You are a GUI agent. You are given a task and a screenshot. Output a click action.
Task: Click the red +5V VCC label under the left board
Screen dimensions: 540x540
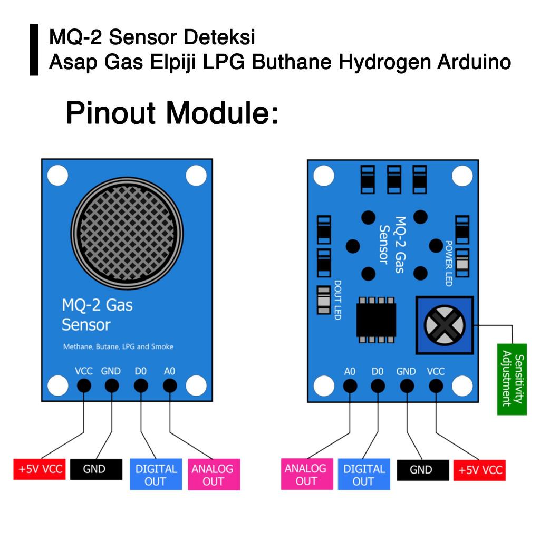click(x=40, y=469)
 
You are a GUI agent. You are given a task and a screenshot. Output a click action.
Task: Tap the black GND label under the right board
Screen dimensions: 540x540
click(x=421, y=469)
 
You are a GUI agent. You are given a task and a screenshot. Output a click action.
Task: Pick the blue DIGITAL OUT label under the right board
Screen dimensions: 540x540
click(x=363, y=475)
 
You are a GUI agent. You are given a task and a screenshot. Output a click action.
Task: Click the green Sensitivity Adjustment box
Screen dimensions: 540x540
click(x=512, y=379)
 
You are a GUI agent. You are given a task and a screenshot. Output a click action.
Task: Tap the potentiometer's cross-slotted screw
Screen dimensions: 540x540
click(x=445, y=325)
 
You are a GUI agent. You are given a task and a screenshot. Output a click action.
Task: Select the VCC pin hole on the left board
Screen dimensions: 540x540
click(x=83, y=386)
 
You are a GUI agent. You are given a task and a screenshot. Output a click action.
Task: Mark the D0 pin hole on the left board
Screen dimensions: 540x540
click(x=141, y=386)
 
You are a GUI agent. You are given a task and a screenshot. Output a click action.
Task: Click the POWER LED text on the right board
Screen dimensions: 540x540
click(x=449, y=264)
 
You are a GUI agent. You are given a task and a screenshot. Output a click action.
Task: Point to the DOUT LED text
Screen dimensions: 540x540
click(x=337, y=300)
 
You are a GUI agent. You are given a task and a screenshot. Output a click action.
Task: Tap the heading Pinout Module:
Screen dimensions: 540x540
click(x=172, y=113)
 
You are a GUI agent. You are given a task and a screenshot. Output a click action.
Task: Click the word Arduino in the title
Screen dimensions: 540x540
click(x=474, y=62)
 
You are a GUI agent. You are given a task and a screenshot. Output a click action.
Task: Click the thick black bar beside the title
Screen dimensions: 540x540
click(x=34, y=50)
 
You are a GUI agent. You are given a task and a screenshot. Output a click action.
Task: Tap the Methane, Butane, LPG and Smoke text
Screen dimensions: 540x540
click(x=118, y=347)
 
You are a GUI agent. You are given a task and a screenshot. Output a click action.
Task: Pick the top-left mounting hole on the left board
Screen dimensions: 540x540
click(x=57, y=176)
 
